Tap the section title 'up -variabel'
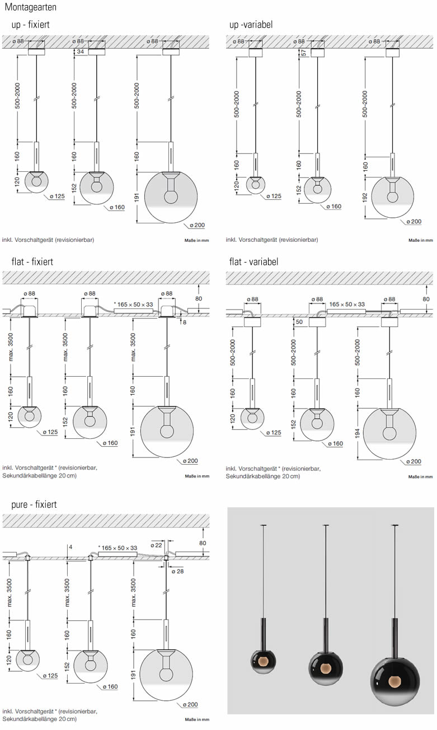pyautogui.click(x=251, y=25)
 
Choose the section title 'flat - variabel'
pyautogui.click(x=253, y=261)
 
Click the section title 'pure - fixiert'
pyautogui.click(x=34, y=504)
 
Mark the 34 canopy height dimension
pyautogui.click(x=80, y=52)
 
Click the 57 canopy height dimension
pyautogui.click(x=303, y=53)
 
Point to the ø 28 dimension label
pyautogui.click(x=178, y=571)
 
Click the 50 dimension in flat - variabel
pyautogui.click(x=299, y=322)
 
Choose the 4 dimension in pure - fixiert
pyautogui.click(x=71, y=546)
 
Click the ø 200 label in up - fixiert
pyautogui.click(x=196, y=225)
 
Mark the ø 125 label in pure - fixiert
pyautogui.click(x=50, y=676)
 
